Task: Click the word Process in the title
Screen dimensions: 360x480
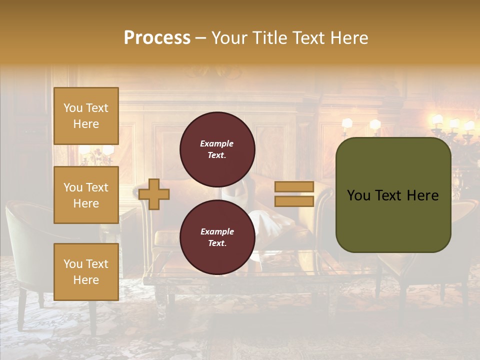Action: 157,38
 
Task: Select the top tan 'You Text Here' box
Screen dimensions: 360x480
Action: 86,116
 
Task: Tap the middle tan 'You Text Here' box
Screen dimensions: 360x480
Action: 86,195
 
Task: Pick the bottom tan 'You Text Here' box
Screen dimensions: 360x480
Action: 86,272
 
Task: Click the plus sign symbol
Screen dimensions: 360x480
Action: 154,194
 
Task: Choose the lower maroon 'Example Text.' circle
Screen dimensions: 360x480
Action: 217,237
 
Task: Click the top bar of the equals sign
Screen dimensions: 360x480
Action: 294,187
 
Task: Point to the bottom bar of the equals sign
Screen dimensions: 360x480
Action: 294,201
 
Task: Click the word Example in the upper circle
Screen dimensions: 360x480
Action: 217,143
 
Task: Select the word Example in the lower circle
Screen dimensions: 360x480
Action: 217,231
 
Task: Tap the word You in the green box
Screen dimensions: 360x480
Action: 358,195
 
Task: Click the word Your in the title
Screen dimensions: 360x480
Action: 229,38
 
